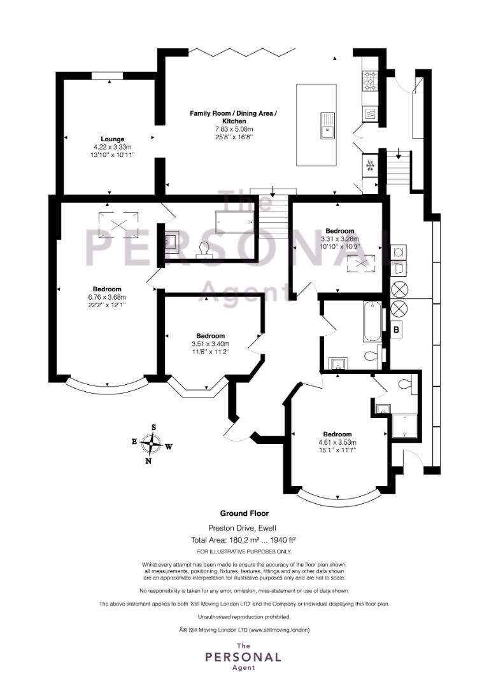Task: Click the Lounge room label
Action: pyautogui.click(x=113, y=139)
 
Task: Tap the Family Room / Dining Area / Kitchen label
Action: pyautogui.click(x=233, y=117)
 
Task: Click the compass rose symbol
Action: pyautogui.click(x=152, y=444)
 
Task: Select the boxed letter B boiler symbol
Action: pyautogui.click(x=397, y=330)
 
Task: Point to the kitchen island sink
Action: pyautogui.click(x=327, y=125)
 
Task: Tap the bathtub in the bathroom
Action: pyautogui.click(x=372, y=321)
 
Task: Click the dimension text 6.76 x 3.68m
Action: pyautogui.click(x=107, y=296)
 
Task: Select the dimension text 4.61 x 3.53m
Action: pyautogui.click(x=337, y=442)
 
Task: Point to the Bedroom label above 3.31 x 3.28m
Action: pyautogui.click(x=340, y=231)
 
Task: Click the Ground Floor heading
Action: pyautogui.click(x=244, y=513)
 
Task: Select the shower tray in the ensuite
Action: pyautogui.click(x=405, y=426)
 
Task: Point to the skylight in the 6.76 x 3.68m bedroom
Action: pyautogui.click(x=118, y=225)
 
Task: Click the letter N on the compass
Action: pyautogui.click(x=148, y=461)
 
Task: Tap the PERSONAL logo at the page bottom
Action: pyautogui.click(x=243, y=656)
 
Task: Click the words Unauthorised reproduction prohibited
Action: pyautogui.click(x=244, y=617)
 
